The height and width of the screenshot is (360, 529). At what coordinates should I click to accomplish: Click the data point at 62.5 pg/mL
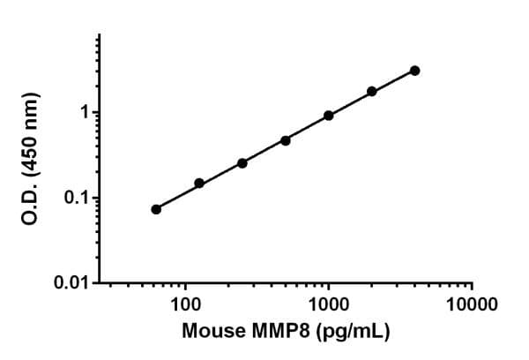(156, 209)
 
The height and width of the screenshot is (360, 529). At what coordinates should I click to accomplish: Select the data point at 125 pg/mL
(199, 184)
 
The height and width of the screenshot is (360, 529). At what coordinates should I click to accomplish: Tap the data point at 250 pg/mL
(242, 163)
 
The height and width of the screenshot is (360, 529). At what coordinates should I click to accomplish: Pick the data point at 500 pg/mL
(286, 140)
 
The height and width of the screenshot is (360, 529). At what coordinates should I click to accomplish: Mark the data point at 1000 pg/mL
(329, 116)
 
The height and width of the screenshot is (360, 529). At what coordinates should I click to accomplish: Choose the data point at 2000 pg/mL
(372, 91)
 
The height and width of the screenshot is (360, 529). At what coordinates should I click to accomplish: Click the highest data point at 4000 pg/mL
(415, 71)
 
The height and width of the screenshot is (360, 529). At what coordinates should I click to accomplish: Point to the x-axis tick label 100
(185, 305)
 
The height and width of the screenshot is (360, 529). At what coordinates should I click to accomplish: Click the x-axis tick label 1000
(329, 305)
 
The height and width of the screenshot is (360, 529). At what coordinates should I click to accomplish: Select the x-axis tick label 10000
(472, 305)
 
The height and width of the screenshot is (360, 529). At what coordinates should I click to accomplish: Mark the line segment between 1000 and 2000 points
(351, 103)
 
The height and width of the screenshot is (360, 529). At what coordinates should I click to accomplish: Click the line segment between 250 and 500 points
(264, 152)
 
